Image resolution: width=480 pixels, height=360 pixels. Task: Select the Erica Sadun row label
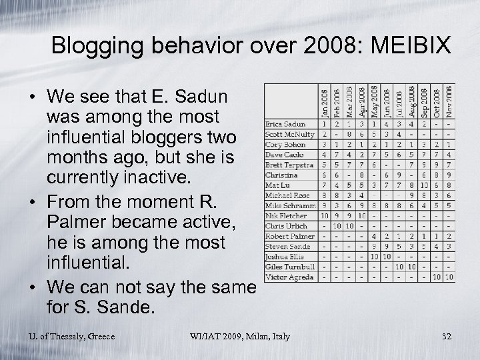tap(286, 123)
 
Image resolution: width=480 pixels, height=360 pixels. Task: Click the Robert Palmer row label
tap(291, 236)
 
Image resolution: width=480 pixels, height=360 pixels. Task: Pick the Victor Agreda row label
tap(289, 276)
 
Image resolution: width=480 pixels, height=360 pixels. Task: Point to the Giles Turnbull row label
tap(290, 266)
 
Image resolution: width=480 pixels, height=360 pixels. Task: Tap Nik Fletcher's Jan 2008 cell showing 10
tap(325, 215)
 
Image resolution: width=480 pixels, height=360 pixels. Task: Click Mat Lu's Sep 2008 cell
tap(424, 185)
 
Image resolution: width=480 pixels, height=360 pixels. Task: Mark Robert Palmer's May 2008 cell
tap(375, 236)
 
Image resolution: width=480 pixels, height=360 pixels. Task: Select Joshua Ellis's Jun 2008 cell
tap(387, 256)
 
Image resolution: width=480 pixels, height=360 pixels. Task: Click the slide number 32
tap(447, 336)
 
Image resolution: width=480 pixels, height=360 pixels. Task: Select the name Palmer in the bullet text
tap(74, 221)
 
